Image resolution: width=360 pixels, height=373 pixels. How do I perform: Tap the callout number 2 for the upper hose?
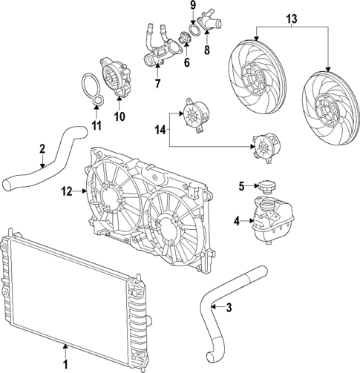[x=42, y=148]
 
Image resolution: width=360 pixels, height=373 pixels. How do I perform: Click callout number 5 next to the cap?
[x=240, y=186]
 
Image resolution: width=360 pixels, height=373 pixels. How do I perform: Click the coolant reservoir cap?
[x=265, y=186]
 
